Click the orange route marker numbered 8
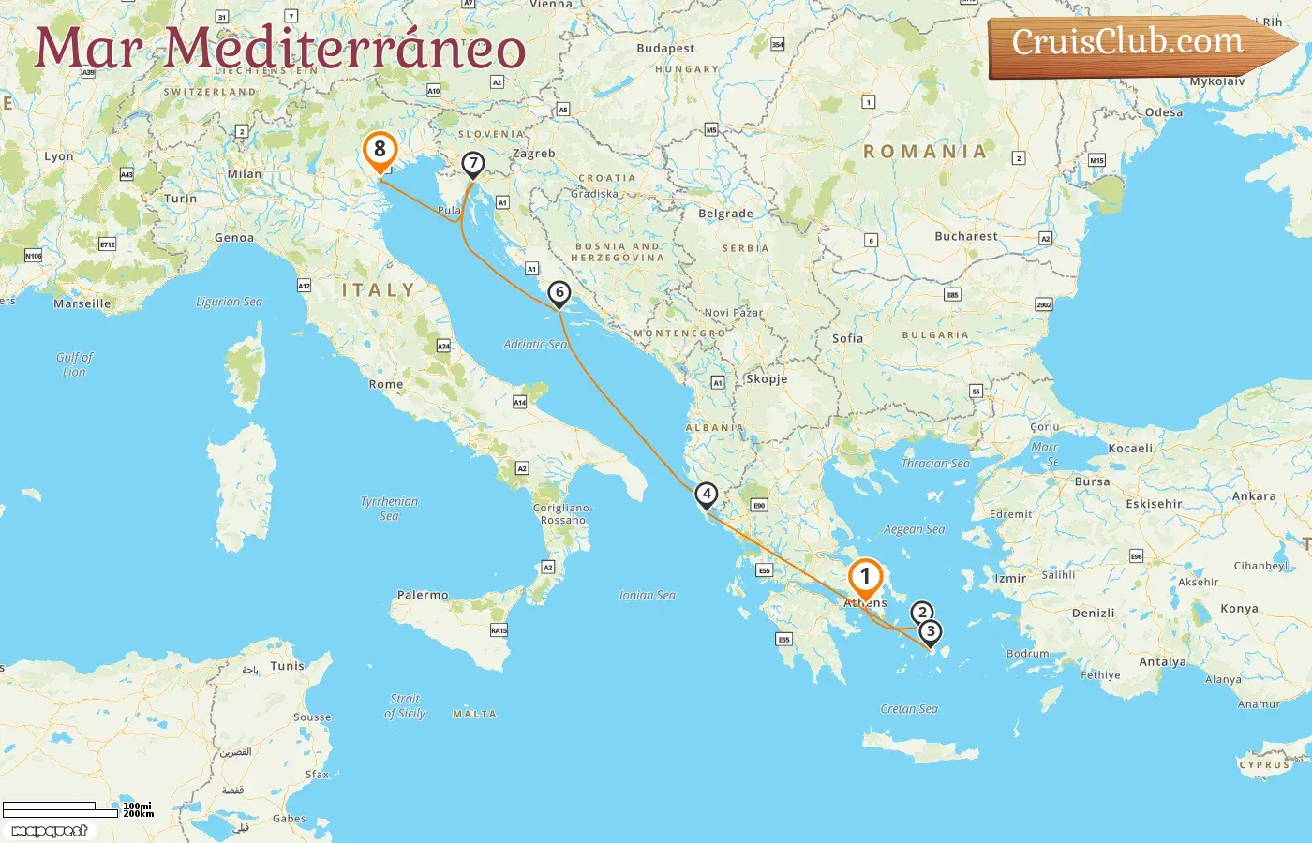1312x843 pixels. point(380,150)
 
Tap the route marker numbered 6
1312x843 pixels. point(559,293)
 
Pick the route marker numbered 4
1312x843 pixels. point(707,495)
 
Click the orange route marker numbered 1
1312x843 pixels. point(865,577)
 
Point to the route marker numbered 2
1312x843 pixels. point(922,614)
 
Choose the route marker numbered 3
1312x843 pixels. point(930,632)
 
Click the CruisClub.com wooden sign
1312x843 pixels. point(1134,44)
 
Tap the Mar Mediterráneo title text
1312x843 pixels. point(279,49)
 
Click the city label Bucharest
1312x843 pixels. point(966,236)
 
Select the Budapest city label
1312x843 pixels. point(665,48)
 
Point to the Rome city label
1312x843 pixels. point(386,384)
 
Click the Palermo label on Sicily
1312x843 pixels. point(423,595)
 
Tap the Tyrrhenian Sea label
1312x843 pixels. point(389,509)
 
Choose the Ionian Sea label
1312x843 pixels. point(647,595)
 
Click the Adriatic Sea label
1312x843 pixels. point(535,344)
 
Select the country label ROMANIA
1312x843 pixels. point(925,152)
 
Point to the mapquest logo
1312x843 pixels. point(49,831)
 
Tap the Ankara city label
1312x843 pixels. point(1254,496)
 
